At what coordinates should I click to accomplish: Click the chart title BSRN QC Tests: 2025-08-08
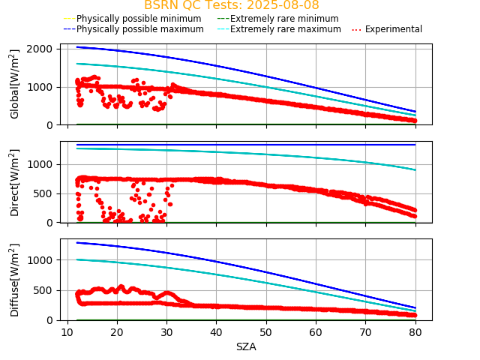click(x=231, y=5)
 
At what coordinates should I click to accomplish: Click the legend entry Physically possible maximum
click(x=139, y=29)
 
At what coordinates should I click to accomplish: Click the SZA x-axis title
click(x=246, y=346)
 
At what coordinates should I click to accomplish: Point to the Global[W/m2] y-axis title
click(x=15, y=84)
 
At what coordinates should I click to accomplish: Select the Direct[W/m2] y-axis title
click(x=15, y=182)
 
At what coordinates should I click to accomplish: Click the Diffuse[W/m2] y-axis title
click(x=15, y=280)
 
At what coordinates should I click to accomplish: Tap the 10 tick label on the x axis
click(x=67, y=332)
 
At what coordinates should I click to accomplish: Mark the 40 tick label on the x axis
click(x=216, y=332)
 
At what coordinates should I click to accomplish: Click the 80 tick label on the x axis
click(x=415, y=332)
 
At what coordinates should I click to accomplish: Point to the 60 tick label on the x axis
click(x=316, y=332)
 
